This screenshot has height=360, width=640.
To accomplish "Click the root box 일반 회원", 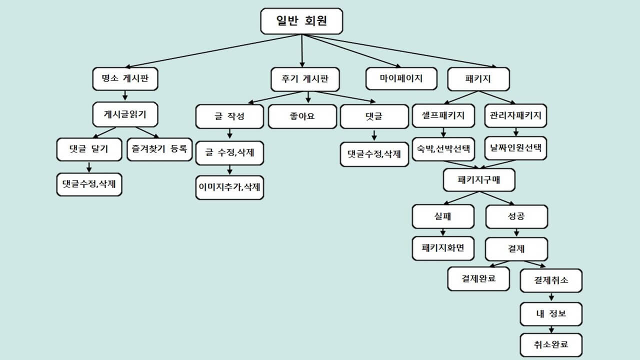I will pos(301,21).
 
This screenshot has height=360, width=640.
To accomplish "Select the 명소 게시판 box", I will pos(124,78).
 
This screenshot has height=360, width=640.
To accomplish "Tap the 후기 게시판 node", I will pos(305,78).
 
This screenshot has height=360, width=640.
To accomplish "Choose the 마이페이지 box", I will pos(401,78).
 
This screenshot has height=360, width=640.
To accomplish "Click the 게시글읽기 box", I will pos(125,114).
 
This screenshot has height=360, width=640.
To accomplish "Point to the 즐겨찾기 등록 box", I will pos(159,148).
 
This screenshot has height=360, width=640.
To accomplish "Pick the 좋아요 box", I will pos(302,116).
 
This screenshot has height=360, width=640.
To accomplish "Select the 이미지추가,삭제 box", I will pos(229,187).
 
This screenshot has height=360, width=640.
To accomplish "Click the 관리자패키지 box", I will pos(516,115).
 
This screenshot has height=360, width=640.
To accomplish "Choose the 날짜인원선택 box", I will pos(516,148).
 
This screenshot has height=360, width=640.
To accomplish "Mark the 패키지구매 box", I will pos(479,179).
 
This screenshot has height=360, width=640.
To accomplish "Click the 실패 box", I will pos(443,216).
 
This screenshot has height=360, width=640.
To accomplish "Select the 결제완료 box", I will pos(478,278).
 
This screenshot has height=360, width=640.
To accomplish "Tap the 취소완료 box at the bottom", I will pos(551,344).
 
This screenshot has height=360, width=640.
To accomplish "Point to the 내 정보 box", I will pos(551,314).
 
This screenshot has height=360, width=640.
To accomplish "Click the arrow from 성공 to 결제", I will pos(516,232).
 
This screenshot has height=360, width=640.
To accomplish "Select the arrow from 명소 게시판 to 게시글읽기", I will pos(125,95).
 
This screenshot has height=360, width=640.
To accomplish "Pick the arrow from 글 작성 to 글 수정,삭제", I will pos(229,134).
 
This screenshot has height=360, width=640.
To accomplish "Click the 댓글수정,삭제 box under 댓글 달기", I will pos(89,184).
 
